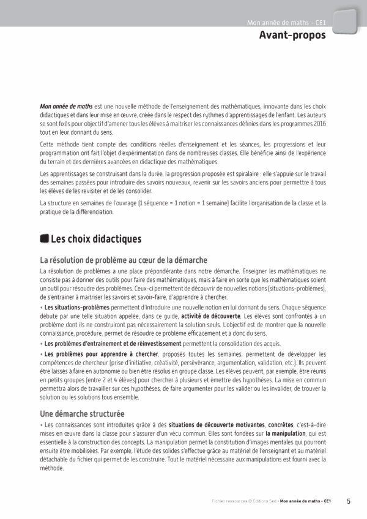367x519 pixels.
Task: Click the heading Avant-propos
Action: [292, 36]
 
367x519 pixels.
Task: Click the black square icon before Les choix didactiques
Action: [44, 239]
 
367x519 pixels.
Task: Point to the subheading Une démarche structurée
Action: [82, 414]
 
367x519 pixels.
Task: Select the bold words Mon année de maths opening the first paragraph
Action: [66, 107]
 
